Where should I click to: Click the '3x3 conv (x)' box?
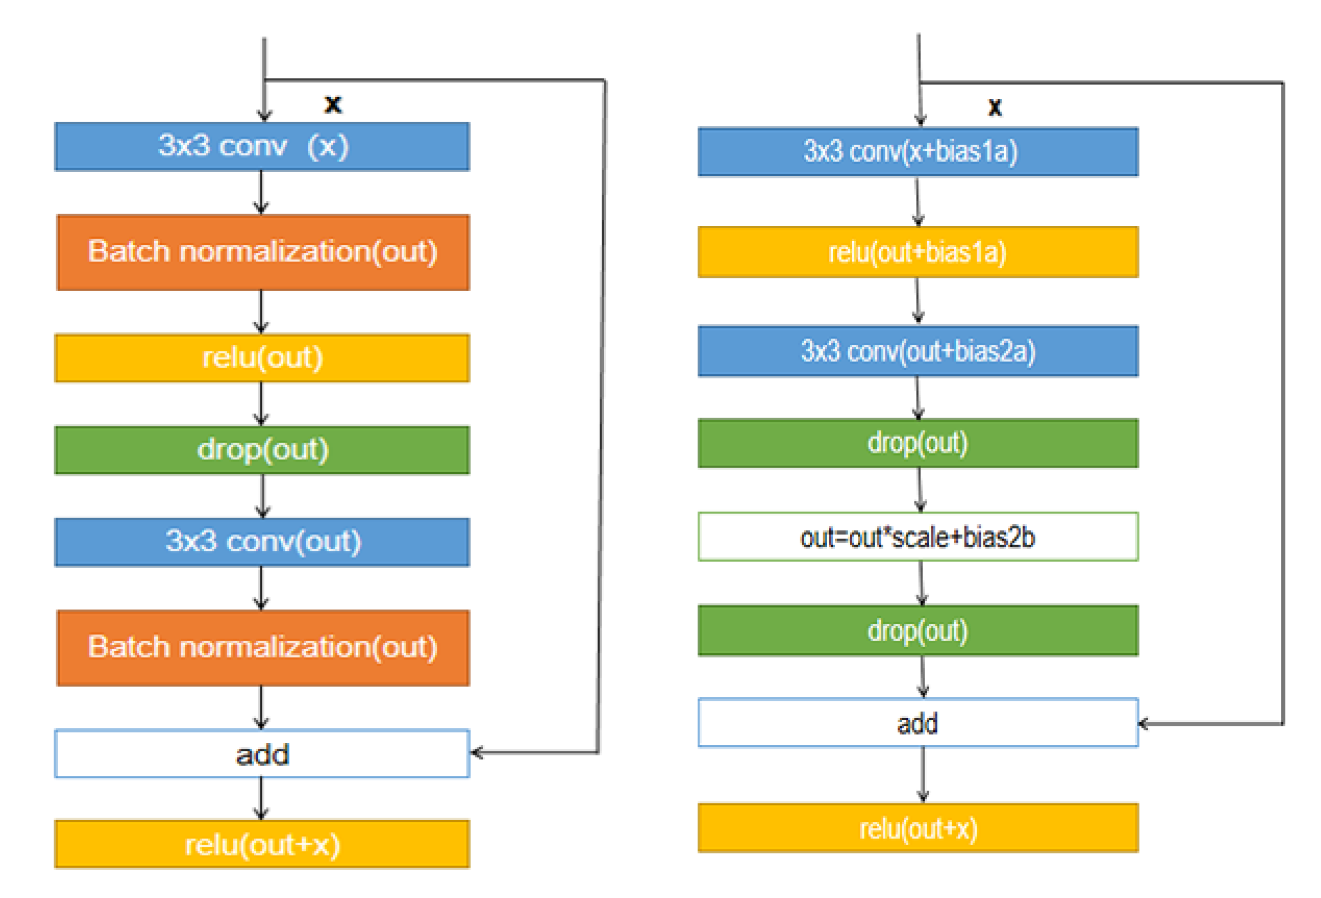(262, 147)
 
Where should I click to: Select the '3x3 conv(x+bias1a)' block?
(917, 152)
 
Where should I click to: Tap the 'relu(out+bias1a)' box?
(917, 252)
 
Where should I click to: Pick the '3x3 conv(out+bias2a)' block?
(917, 351)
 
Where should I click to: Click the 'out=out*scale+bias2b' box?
(917, 537)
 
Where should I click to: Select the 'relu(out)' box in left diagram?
(262, 358)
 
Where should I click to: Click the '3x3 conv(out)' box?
(262, 542)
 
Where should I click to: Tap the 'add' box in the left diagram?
(262, 754)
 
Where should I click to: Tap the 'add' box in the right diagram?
(917, 723)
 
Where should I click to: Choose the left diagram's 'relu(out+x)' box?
(262, 844)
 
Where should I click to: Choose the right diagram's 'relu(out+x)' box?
(917, 828)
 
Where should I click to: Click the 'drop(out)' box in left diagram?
(262, 450)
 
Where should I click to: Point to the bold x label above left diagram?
(333, 105)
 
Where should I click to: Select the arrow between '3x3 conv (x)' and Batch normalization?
(261, 192)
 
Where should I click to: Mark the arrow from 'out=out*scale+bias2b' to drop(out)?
(921, 583)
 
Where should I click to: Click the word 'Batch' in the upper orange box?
(129, 251)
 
